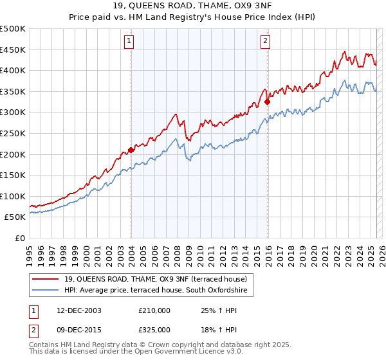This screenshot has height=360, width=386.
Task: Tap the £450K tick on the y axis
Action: pyautogui.click(x=13, y=50)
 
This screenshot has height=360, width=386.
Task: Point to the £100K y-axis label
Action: pyautogui.click(x=13, y=196)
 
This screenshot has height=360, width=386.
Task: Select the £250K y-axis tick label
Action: pyautogui.click(x=13, y=133)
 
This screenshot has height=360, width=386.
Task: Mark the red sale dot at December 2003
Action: pyautogui.click(x=131, y=150)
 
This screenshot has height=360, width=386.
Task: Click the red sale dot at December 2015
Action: pyautogui.click(x=267, y=101)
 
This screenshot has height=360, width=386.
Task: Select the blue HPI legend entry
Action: pyautogui.click(x=155, y=291)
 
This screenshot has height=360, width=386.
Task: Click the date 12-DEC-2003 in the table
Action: pyautogui.click(x=75, y=310)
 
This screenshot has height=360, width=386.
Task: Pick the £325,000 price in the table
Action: pyautogui.click(x=154, y=330)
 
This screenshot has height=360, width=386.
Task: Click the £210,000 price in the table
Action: pyautogui.click(x=154, y=310)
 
